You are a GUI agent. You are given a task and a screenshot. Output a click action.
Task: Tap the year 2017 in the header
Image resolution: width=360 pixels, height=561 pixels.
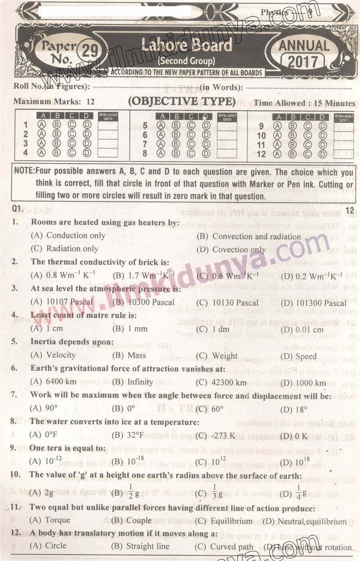(303, 62)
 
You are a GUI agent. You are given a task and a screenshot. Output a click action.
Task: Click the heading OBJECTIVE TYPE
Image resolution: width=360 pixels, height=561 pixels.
(181, 102)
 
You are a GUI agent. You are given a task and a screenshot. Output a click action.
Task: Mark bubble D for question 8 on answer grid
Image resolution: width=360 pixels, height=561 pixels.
(206, 153)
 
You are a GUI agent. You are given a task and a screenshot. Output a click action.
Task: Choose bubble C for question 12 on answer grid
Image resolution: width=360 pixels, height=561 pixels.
(308, 154)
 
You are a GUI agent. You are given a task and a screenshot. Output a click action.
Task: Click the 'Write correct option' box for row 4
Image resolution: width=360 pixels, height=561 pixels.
(108, 152)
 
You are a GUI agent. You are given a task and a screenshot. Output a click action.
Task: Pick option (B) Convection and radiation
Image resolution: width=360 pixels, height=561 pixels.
(249, 236)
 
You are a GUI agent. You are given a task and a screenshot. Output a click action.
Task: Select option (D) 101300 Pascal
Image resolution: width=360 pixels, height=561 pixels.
(313, 303)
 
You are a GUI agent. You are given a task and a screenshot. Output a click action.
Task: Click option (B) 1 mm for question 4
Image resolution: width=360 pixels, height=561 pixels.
(130, 329)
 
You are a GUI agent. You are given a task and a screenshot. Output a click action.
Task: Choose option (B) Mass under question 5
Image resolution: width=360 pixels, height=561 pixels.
(129, 355)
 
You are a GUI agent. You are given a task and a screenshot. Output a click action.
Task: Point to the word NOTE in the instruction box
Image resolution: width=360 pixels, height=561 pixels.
(24, 171)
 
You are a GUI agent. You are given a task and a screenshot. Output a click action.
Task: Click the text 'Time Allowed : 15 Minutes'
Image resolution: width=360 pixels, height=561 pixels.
(304, 103)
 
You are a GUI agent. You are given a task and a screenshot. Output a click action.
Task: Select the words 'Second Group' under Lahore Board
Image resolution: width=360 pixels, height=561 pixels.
(187, 61)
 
